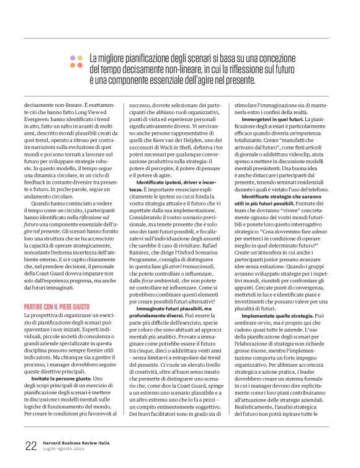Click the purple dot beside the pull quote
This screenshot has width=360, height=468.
(x=73, y=57)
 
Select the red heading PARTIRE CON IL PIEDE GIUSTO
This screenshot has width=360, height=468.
(x=60, y=290)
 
